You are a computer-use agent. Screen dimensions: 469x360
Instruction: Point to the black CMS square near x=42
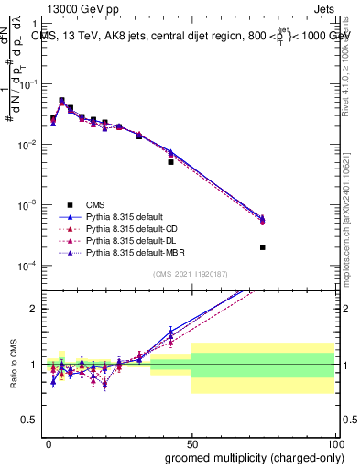tap(170, 162)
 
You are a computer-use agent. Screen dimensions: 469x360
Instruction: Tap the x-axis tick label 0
tap(48, 443)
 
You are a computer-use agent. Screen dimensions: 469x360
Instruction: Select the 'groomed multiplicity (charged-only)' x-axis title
tap(249, 457)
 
